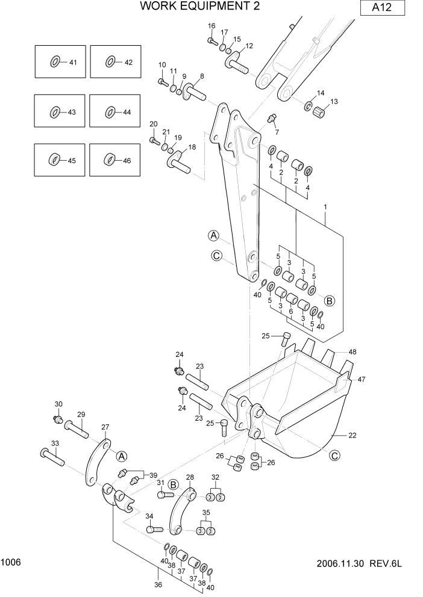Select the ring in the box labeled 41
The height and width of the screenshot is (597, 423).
pos(55,61)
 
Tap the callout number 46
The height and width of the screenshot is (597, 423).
pos(127,160)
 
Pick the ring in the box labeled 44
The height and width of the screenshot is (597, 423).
pos(110,111)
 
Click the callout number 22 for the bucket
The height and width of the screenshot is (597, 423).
pos(352,435)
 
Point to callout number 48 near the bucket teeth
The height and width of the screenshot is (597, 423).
pos(352,351)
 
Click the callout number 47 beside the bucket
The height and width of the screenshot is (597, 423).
pos(361,379)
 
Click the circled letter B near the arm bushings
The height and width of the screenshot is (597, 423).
pos(329,300)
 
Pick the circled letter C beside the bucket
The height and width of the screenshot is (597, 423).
pos(334,456)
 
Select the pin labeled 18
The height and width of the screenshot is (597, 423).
pos(179,159)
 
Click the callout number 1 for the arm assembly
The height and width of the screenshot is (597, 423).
pos(325,207)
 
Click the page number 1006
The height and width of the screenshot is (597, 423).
pos(11,562)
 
